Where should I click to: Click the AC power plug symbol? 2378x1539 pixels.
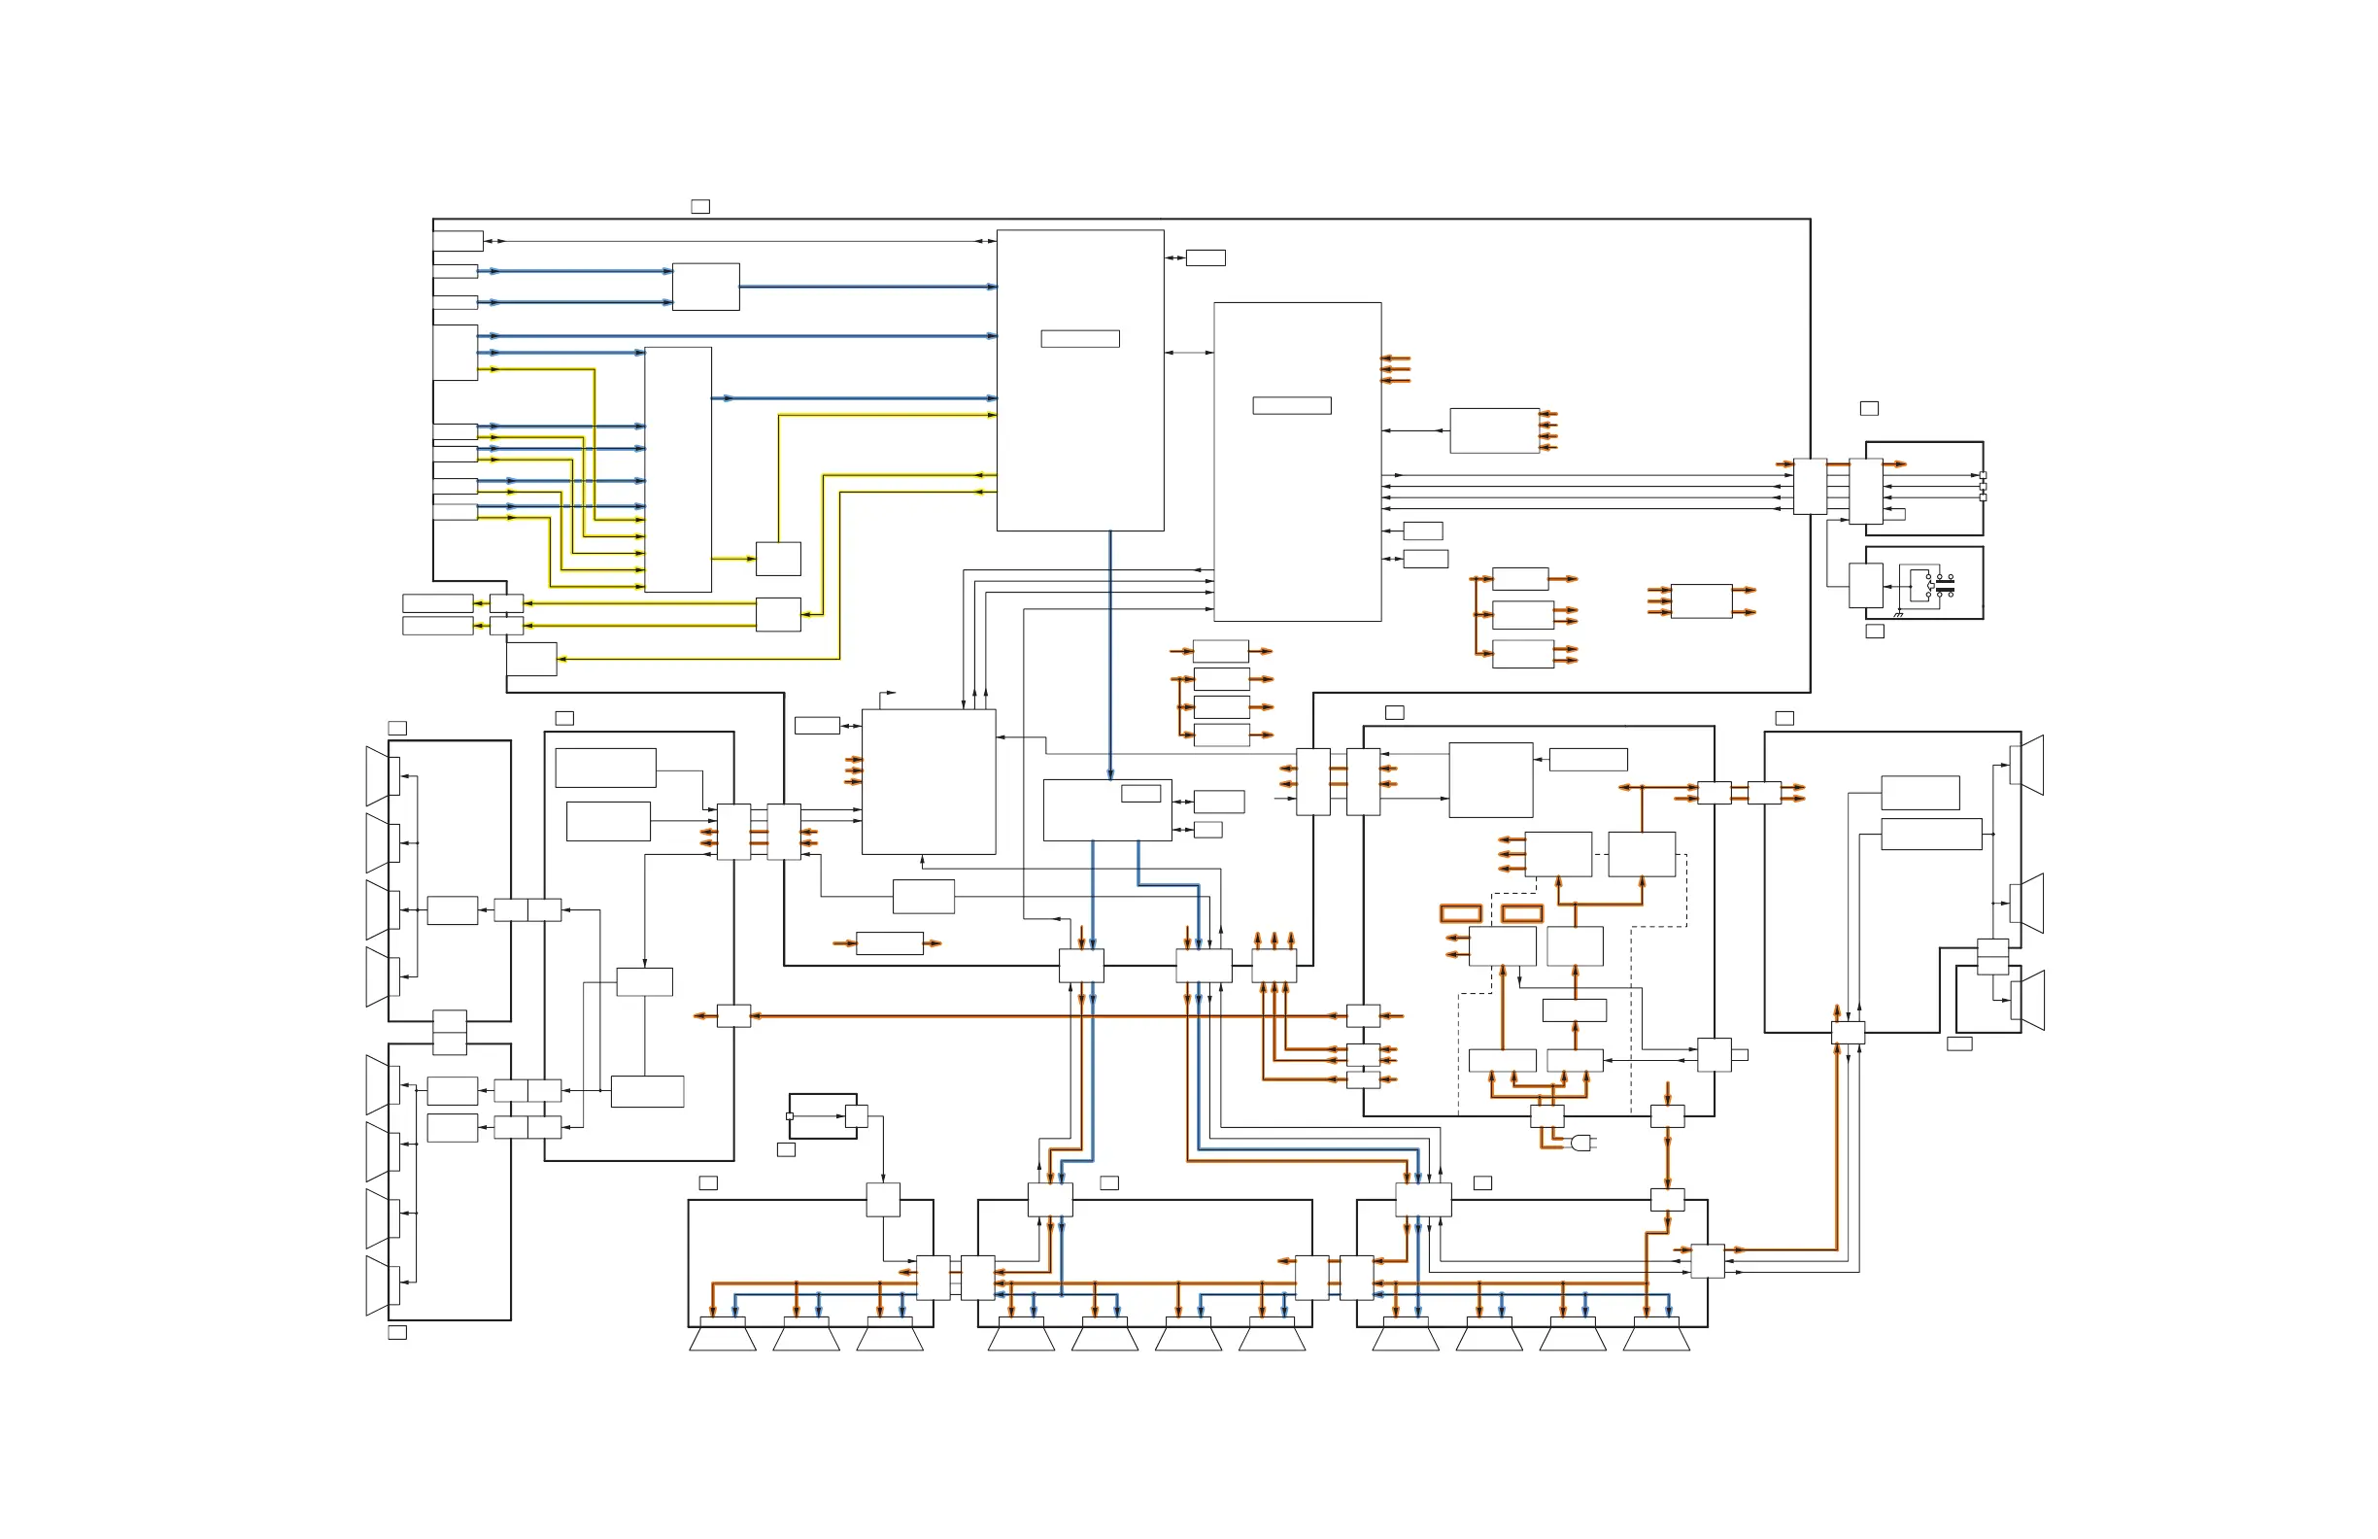[x=1580, y=1143]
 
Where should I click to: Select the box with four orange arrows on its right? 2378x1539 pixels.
[x=1494, y=430]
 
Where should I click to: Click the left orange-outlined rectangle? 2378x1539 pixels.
[x=1460, y=913]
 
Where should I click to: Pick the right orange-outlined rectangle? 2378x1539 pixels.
[x=1522, y=913]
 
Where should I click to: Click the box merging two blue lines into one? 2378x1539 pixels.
[x=705, y=287]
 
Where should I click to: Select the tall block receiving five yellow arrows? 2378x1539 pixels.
[x=677, y=469]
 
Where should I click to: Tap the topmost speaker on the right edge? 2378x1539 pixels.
[x=2027, y=766]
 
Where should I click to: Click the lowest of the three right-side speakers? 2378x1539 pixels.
[x=2027, y=1001]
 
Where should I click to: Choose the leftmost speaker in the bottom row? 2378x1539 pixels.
[x=723, y=1335]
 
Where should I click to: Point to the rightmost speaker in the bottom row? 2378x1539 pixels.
[x=1655, y=1335]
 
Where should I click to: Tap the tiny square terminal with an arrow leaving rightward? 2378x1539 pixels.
[x=790, y=1116]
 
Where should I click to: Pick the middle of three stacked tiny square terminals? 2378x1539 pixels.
[x=1983, y=487]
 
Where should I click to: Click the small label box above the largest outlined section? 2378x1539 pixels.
[x=700, y=207]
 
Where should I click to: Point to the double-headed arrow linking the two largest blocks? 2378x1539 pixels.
[x=1189, y=353]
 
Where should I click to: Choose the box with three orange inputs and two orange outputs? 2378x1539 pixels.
[x=1701, y=601]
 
